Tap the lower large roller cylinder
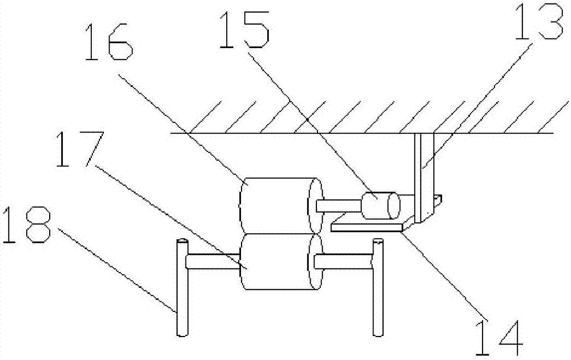point(277,262)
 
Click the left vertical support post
point(181,289)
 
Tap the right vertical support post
point(377,289)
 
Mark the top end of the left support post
point(181,242)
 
